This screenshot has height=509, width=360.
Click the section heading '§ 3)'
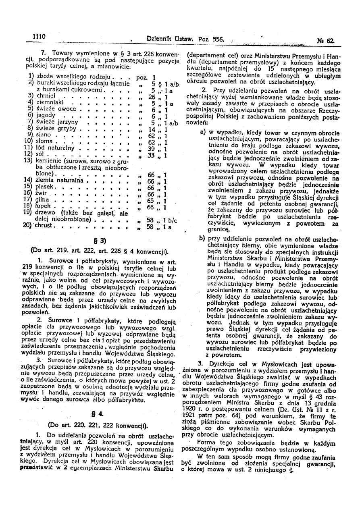tap(100, 241)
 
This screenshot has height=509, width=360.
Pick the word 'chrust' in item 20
tap(44, 226)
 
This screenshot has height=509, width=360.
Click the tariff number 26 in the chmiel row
tap(152, 97)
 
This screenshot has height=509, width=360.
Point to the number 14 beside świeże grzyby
tap(152, 129)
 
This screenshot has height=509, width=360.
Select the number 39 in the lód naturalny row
tap(152, 149)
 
